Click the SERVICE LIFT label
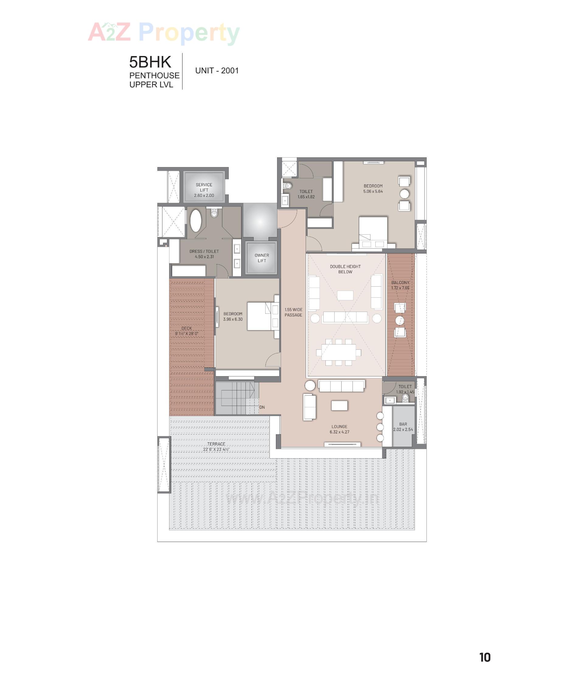[204, 187]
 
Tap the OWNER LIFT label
[262, 258]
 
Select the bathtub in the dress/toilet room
[195, 221]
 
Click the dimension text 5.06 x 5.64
[373, 191]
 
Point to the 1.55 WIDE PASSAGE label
[293, 312]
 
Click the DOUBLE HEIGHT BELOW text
[345, 269]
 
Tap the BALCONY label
[400, 283]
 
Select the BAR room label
[403, 425]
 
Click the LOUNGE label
[339, 427]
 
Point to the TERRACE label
[216, 444]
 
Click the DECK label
[186, 328]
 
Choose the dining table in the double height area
[339, 352]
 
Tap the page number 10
[485, 657]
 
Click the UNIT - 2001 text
[217, 71]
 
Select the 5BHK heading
[150, 62]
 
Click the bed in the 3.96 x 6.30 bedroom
[259, 316]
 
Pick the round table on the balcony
[399, 320]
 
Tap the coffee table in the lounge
[339, 405]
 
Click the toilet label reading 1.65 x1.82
[306, 197]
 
